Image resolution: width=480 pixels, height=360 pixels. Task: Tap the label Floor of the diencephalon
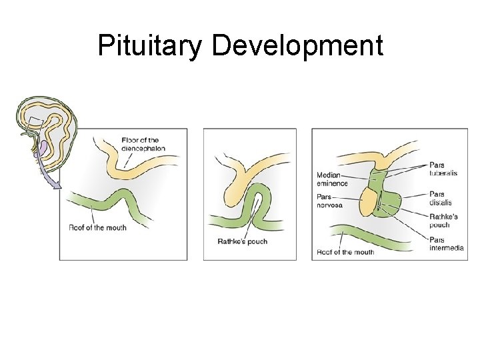click(143, 144)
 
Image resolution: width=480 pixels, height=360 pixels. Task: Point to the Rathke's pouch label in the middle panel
click(242, 241)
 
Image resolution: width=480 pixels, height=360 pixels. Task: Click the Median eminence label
click(332, 179)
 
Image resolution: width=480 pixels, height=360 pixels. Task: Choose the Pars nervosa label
click(329, 201)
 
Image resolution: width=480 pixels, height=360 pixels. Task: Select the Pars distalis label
click(441, 198)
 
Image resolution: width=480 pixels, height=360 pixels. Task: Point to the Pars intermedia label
click(446, 244)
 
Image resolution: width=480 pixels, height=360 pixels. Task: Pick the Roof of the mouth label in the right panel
click(345, 252)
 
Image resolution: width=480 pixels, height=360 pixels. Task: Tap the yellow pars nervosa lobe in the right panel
click(368, 201)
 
